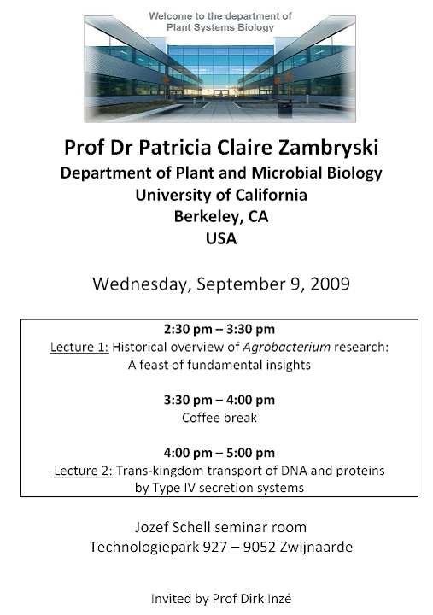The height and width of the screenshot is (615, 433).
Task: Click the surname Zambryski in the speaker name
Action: click(329, 148)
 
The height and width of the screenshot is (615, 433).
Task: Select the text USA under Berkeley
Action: click(221, 238)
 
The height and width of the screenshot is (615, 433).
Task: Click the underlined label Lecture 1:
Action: click(79, 347)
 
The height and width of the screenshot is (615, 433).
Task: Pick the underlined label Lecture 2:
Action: click(83, 471)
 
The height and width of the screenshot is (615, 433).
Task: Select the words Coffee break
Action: click(219, 418)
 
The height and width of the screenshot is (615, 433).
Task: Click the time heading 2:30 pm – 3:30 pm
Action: click(219, 329)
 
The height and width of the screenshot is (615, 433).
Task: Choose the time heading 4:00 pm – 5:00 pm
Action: click(219, 453)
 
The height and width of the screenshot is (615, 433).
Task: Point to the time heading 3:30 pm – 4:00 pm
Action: click(219, 400)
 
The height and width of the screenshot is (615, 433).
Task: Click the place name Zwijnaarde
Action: click(316, 547)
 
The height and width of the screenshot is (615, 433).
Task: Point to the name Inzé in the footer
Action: click(279, 599)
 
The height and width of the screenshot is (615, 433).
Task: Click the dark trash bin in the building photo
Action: click(284, 109)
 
